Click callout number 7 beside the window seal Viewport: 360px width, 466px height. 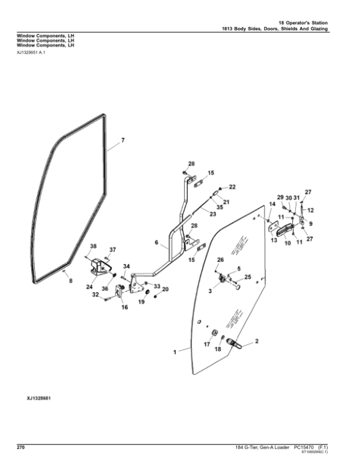click(122, 141)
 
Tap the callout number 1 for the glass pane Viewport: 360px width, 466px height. click(175, 353)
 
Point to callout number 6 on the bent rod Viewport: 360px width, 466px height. click(157, 243)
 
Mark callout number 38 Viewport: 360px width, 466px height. click(93, 247)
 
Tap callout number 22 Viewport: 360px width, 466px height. click(232, 187)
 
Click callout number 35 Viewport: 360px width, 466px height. click(220, 207)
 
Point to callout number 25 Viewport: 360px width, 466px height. click(247, 277)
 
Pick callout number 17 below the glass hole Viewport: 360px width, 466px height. click(208, 345)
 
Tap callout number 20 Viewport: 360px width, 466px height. click(166, 289)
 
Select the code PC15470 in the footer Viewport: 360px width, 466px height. click(305, 448)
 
